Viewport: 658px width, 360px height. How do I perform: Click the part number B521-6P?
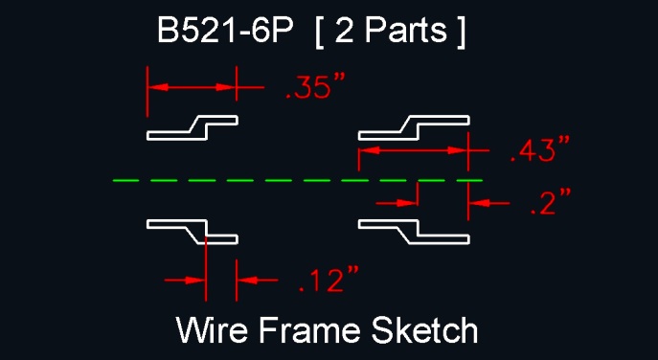(x=224, y=31)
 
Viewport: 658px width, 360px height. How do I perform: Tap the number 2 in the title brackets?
(x=344, y=31)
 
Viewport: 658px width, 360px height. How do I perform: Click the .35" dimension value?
(x=315, y=88)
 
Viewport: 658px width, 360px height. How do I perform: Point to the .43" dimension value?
(x=540, y=149)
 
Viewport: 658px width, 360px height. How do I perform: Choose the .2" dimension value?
(x=551, y=202)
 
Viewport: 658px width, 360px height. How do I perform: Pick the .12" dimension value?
(x=329, y=279)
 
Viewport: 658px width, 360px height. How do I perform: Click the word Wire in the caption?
(x=211, y=329)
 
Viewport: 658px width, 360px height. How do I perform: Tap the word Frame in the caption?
(x=309, y=329)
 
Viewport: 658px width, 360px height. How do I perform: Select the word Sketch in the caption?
(x=424, y=329)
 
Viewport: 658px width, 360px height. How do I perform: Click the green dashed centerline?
(x=298, y=180)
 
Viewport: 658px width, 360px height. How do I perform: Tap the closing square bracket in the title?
(x=461, y=32)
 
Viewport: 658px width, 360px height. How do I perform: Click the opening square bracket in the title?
(x=319, y=32)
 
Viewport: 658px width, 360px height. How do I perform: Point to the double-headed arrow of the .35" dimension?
(x=192, y=87)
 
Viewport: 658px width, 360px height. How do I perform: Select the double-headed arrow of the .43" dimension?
(x=414, y=150)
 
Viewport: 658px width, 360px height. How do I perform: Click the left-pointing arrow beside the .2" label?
(x=488, y=203)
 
